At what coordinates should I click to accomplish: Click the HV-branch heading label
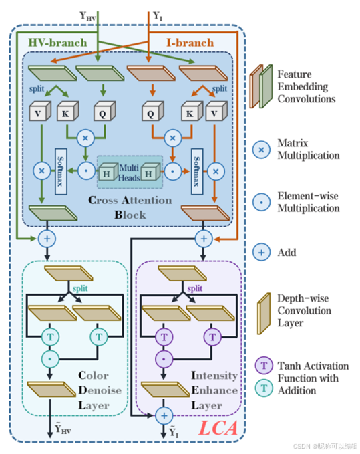click(x=57, y=43)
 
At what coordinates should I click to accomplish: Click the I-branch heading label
click(x=190, y=43)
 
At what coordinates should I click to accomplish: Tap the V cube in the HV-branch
click(x=40, y=111)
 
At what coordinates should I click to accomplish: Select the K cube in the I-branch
click(x=192, y=111)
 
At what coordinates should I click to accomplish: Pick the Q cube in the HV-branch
click(x=105, y=111)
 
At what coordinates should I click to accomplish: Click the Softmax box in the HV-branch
click(x=61, y=171)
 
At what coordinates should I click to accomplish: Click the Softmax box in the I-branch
click(x=197, y=171)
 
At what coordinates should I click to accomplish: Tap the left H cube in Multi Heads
click(x=108, y=173)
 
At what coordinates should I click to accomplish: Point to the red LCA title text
click(x=218, y=428)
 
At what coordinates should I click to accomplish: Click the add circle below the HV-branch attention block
click(x=47, y=239)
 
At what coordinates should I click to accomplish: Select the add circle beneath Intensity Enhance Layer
click(x=164, y=416)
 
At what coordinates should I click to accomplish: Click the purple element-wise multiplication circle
click(x=164, y=359)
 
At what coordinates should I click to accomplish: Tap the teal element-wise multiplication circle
click(x=50, y=359)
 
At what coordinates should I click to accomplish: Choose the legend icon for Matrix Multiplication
click(x=261, y=150)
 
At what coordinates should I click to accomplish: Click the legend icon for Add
click(x=261, y=253)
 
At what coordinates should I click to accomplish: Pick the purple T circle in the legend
click(x=264, y=366)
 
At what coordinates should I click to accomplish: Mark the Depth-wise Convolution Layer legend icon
click(x=264, y=314)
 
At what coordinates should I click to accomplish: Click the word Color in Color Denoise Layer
click(x=94, y=376)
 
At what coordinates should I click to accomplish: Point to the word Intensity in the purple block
click(x=214, y=376)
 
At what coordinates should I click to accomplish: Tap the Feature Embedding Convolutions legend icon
click(x=261, y=86)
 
